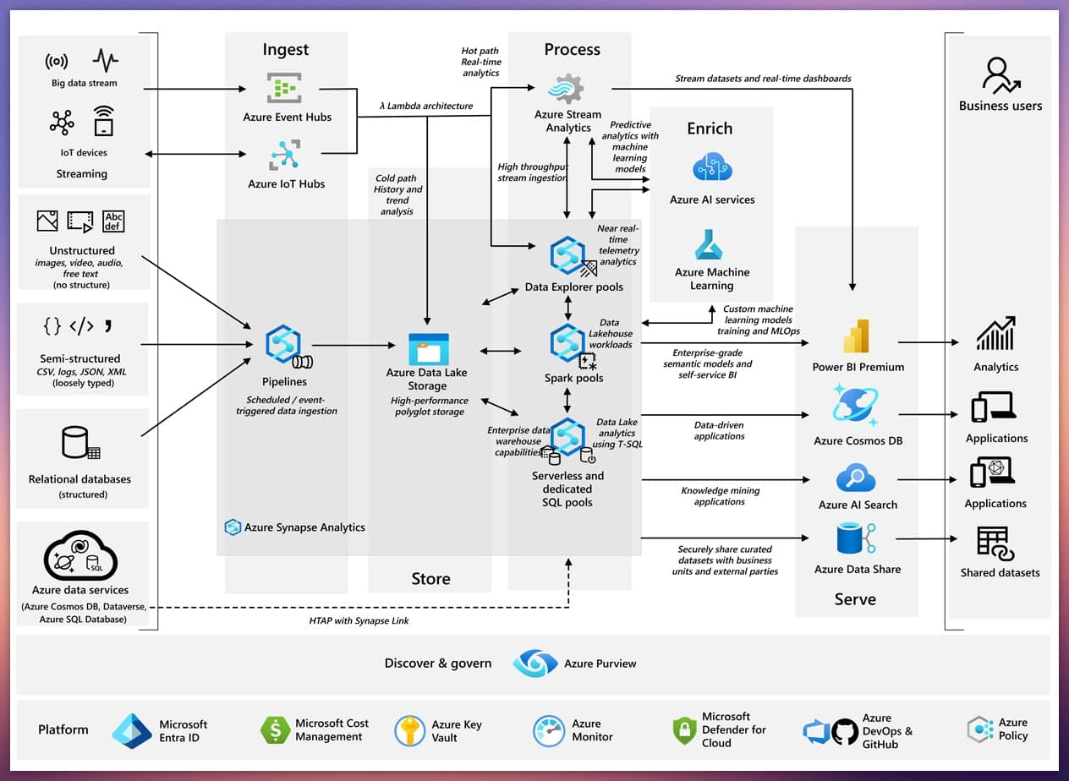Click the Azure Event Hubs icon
click(284, 88)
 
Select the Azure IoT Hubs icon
click(284, 156)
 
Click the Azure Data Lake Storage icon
click(429, 348)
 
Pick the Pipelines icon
click(285, 345)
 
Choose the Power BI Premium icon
click(857, 336)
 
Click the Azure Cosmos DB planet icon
click(855, 407)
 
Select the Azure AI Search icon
click(856, 478)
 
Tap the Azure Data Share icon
click(855, 539)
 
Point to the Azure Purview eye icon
click(535, 664)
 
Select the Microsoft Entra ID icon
click(131, 731)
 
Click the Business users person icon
click(1000, 75)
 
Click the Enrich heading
click(710, 128)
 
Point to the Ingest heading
click(286, 50)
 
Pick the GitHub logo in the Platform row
click(844, 731)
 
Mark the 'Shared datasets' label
click(1000, 572)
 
